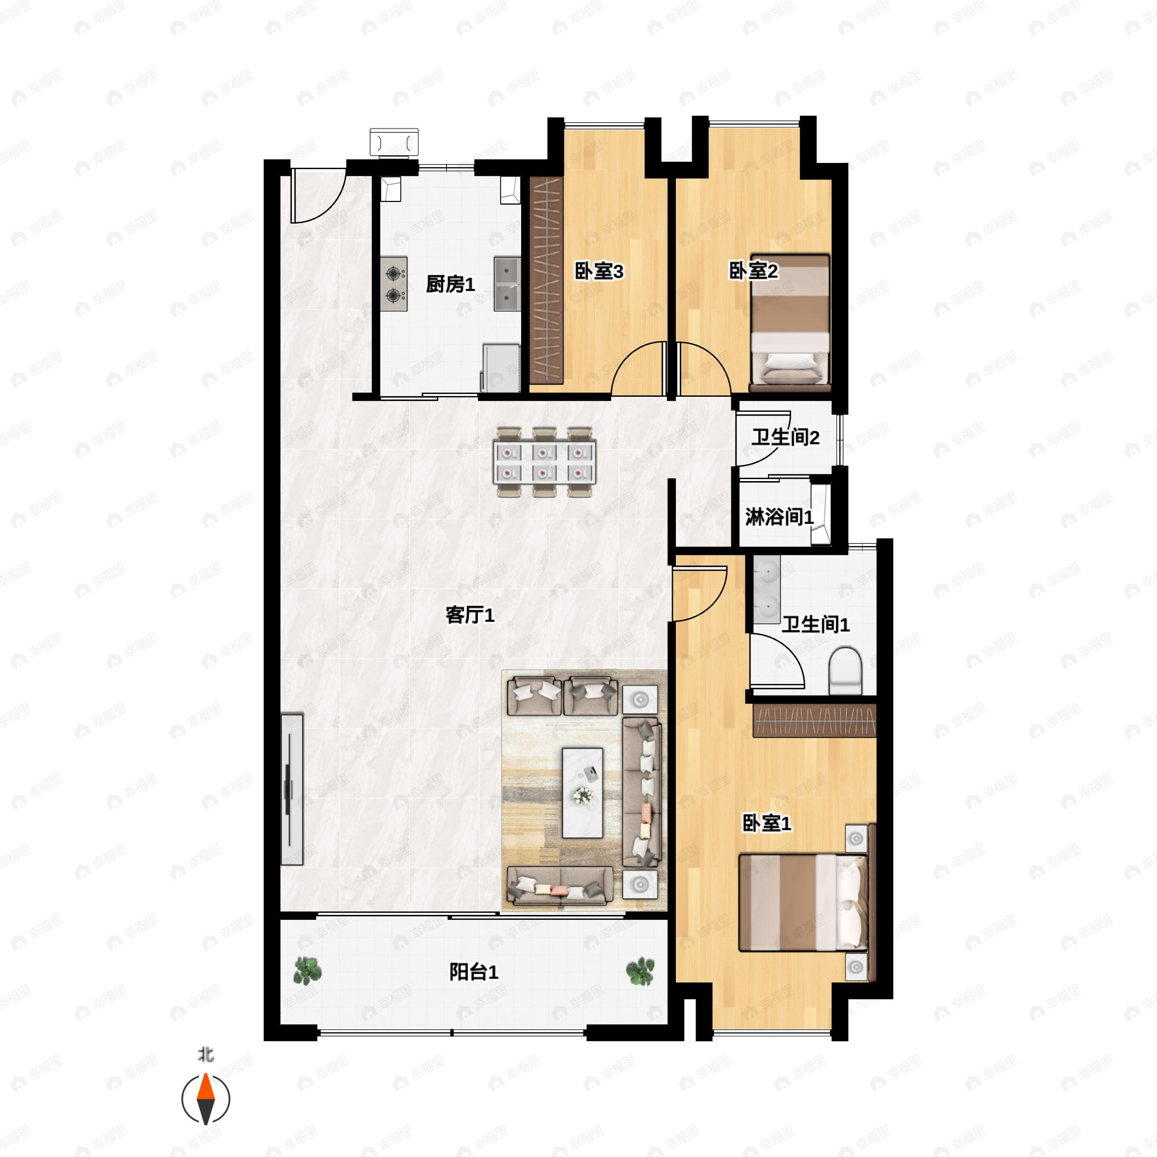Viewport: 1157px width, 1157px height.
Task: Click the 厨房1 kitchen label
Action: [x=450, y=284]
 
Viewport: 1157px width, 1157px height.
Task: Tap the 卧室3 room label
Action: [x=599, y=271]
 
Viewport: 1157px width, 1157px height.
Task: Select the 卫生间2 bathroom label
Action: [x=785, y=437]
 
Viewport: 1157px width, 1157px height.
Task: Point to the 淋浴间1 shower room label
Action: [x=780, y=516]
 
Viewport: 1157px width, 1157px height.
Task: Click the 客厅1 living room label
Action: [x=470, y=615]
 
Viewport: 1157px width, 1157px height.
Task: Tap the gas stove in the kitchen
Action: [x=394, y=284]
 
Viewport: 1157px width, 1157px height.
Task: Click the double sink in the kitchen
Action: [x=507, y=284]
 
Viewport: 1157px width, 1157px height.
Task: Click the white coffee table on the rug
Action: [x=582, y=792]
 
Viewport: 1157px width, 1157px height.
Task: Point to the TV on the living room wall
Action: [x=292, y=789]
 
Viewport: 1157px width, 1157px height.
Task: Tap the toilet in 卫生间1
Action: [x=845, y=670]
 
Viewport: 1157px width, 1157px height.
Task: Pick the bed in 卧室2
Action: [x=790, y=322]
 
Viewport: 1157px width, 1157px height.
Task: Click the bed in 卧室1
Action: [x=803, y=902]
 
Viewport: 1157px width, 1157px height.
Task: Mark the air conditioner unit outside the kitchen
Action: [x=394, y=143]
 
